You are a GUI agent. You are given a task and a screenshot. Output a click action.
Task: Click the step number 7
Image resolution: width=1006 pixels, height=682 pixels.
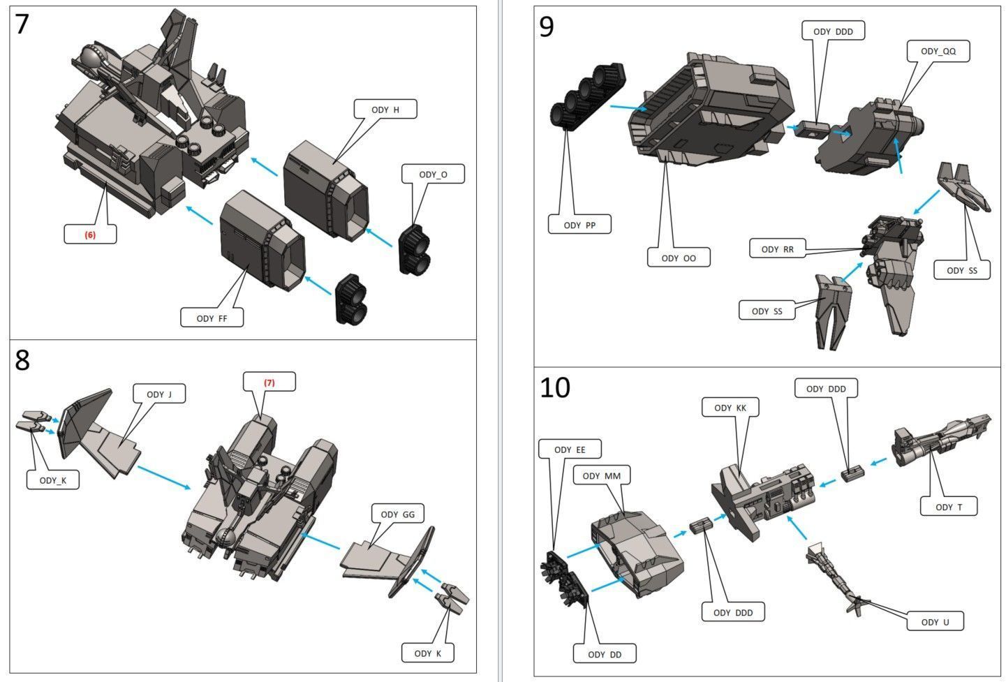[22, 24]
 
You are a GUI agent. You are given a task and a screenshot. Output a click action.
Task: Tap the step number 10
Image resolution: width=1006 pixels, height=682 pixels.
[555, 387]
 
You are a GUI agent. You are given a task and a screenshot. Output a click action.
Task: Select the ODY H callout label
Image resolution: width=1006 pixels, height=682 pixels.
[385, 110]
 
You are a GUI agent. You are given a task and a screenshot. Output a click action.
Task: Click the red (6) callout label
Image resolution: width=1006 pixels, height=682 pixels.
[90, 235]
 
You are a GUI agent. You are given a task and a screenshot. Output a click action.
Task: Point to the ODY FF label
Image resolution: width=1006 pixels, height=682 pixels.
[213, 318]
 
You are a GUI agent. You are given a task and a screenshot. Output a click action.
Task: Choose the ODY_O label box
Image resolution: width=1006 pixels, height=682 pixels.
[433, 175]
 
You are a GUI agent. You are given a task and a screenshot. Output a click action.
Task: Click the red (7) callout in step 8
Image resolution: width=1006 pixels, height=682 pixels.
[269, 383]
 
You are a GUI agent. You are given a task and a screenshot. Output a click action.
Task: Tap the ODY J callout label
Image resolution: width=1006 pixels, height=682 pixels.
[159, 394]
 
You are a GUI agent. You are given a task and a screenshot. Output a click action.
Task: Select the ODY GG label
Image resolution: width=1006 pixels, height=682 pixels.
[397, 514]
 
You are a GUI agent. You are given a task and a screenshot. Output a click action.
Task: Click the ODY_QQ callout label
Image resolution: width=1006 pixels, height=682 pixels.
[938, 52]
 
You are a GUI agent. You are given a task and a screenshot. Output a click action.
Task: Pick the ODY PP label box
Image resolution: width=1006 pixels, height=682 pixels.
[580, 225]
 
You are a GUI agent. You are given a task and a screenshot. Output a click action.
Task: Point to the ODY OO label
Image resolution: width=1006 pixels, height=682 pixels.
[679, 258]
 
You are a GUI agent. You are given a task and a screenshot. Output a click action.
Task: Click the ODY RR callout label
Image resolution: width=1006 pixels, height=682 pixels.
[777, 249]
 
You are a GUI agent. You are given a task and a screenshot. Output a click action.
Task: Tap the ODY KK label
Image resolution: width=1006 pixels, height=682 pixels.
[730, 408]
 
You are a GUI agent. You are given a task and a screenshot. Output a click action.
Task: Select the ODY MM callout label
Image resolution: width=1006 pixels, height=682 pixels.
[601, 476]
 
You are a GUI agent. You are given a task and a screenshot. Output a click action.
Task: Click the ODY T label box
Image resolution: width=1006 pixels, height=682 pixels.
[949, 507]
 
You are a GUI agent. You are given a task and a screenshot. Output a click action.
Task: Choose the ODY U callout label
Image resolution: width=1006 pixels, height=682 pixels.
[935, 622]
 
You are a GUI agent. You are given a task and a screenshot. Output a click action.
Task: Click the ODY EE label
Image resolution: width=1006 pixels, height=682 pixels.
[570, 450]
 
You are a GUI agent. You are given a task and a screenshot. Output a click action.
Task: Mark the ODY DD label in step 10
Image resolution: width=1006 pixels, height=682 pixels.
[605, 654]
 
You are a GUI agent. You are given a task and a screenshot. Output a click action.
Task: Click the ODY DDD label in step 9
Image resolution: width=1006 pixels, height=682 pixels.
[833, 31]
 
